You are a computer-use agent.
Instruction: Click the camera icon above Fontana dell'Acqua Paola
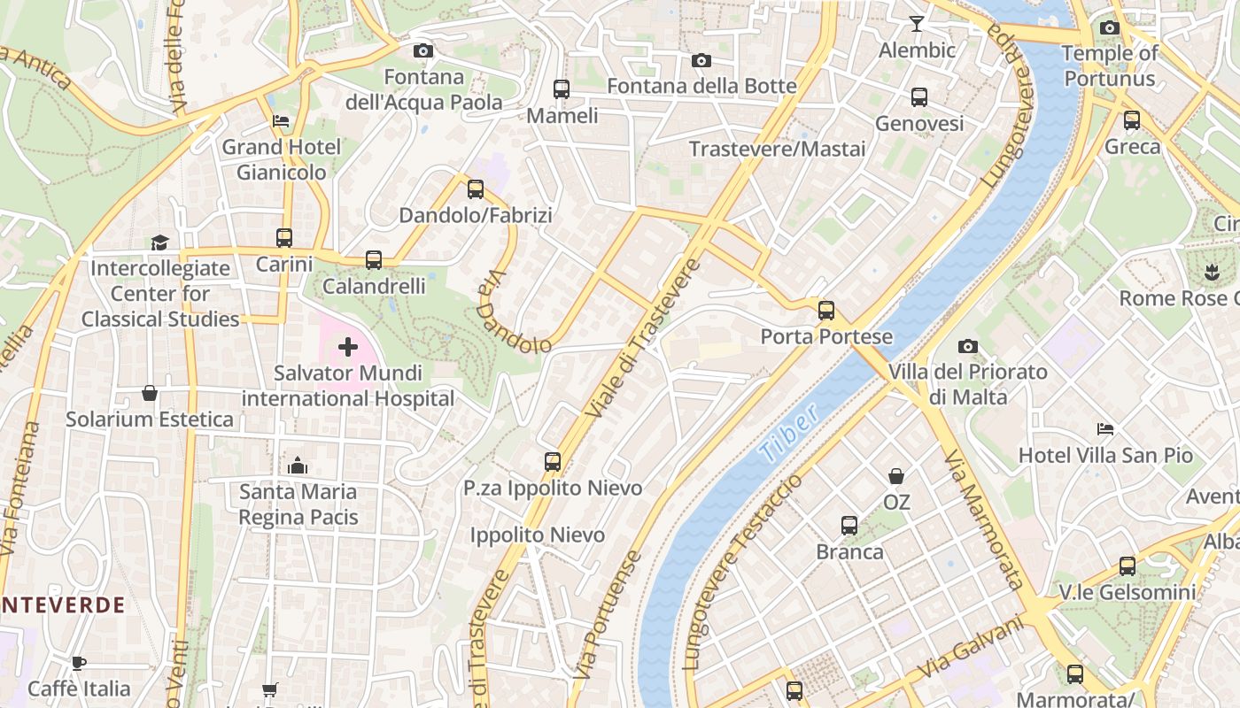click(x=423, y=50)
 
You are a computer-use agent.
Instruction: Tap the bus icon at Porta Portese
click(x=826, y=311)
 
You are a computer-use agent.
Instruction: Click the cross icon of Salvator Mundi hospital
click(x=348, y=347)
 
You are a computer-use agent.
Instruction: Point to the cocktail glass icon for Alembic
click(x=917, y=24)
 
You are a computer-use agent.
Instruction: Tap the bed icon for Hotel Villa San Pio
click(x=1105, y=429)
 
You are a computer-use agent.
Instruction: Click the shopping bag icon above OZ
click(x=896, y=476)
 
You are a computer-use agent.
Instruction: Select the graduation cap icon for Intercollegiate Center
click(x=159, y=242)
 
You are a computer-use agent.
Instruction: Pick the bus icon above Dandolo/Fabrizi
click(x=476, y=189)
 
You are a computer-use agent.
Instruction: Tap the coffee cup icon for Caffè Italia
click(x=79, y=663)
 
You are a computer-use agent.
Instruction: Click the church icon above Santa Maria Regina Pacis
click(x=298, y=466)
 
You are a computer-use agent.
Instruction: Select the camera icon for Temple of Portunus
click(x=1110, y=27)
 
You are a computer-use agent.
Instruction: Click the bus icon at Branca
click(x=849, y=526)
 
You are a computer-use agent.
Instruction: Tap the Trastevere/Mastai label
click(x=777, y=149)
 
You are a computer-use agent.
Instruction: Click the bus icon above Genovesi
click(x=919, y=97)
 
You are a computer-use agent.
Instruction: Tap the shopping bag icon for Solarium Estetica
click(x=150, y=393)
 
